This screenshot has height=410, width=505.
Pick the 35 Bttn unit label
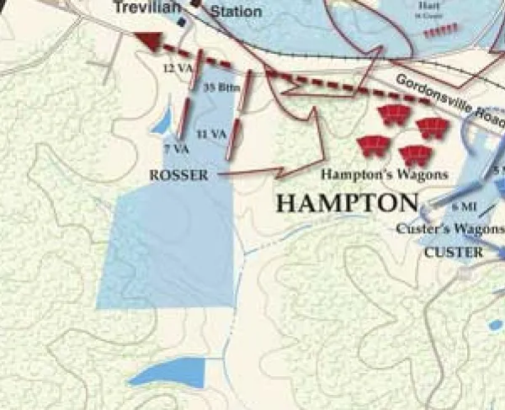click(219, 86)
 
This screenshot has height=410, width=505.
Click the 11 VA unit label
click(211, 134)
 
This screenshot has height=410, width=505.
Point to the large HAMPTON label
click(347, 204)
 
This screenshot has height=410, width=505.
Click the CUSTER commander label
click(454, 252)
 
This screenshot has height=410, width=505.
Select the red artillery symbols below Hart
click(441, 30)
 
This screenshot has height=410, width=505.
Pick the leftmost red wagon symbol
click(371, 146)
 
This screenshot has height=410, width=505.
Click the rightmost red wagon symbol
click(432, 128)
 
